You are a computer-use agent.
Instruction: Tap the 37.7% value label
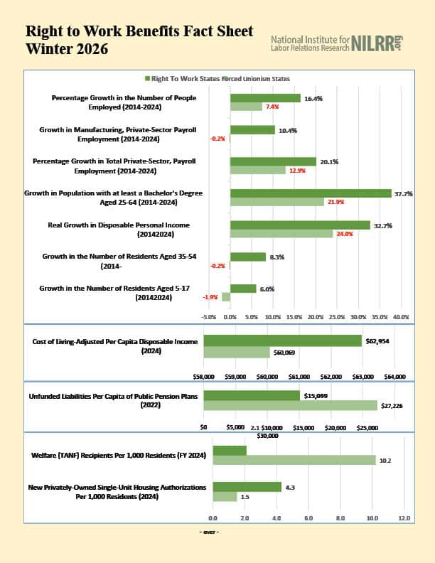click(403, 193)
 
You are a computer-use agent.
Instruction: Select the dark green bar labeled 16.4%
click(265, 98)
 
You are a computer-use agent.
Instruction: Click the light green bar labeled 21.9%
click(277, 202)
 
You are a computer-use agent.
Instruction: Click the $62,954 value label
click(377, 341)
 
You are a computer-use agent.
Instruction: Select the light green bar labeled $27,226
click(290, 405)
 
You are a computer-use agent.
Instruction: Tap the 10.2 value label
click(385, 461)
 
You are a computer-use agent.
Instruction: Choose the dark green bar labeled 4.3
click(247, 487)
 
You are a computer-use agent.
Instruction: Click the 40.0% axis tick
click(401, 316)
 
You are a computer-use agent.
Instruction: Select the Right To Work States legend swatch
click(146, 78)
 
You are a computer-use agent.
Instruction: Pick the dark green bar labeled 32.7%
click(300, 225)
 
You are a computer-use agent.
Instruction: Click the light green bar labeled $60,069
click(237, 352)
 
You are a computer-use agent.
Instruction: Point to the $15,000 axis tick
click(304, 428)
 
